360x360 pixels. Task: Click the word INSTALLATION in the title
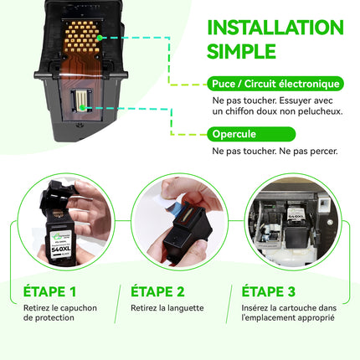[x=275, y=28]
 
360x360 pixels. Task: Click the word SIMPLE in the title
[x=241, y=51]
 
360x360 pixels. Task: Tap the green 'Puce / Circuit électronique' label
[x=275, y=84]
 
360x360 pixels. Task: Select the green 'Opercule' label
[x=251, y=134]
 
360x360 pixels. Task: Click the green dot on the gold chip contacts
[x=100, y=38]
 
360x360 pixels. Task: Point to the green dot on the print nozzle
[x=82, y=107]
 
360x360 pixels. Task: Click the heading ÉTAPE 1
[x=49, y=291]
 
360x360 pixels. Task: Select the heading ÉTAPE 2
[x=157, y=291]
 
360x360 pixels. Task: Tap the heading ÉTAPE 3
[x=268, y=291]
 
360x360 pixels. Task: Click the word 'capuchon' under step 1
[x=79, y=308]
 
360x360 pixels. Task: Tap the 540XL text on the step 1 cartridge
[x=61, y=249]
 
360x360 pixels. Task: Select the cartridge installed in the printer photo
[x=296, y=227]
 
